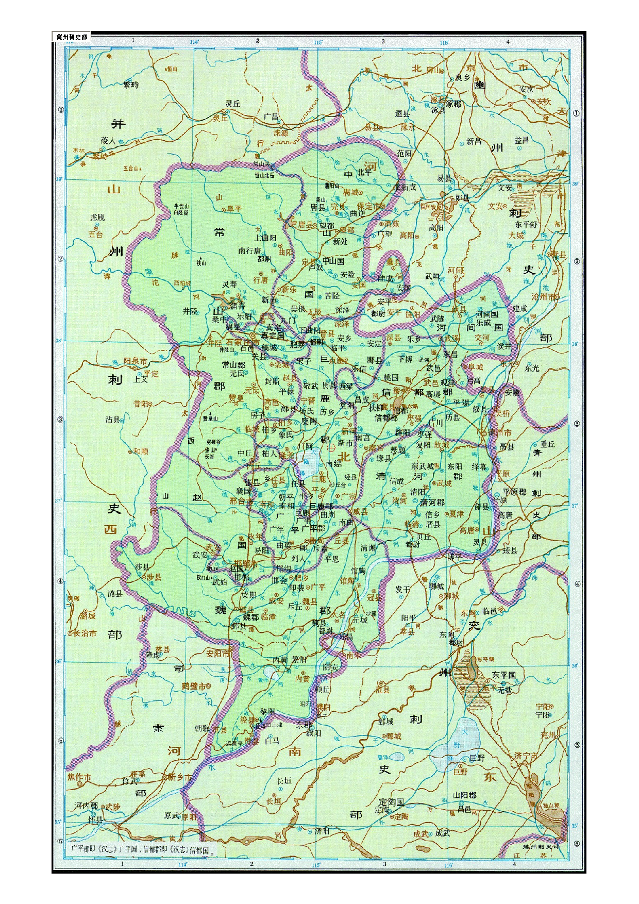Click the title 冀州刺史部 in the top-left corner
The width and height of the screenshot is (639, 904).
72,37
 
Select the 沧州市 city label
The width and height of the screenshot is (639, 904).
544,297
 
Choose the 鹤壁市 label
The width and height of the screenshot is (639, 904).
194,686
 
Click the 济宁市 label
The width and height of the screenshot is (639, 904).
525,755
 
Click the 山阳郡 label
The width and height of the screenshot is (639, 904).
465,796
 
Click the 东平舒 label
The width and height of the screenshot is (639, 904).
526,225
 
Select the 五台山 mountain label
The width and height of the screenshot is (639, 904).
132,168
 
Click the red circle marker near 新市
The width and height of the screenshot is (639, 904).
331,448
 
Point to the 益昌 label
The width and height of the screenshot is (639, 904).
522,140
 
